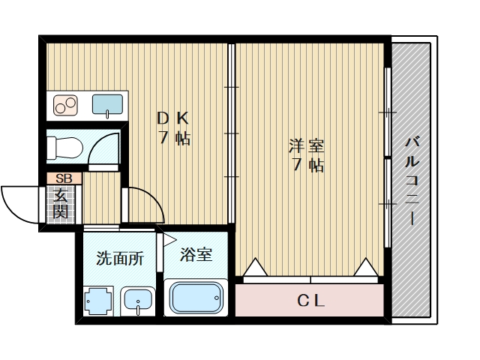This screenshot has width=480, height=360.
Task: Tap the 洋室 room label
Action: point(307,155)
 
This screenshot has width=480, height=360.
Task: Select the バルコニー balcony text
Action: point(412,180)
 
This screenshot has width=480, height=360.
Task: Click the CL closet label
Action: point(310,302)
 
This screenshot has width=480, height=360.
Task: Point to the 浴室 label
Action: point(196,254)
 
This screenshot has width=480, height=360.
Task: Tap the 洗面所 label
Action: point(119,259)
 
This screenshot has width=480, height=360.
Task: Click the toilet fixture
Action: point(64,146)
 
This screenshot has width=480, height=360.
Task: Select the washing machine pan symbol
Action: point(97,302)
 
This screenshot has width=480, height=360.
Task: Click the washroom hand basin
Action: point(137,301)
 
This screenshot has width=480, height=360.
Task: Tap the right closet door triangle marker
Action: point(366,267)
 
